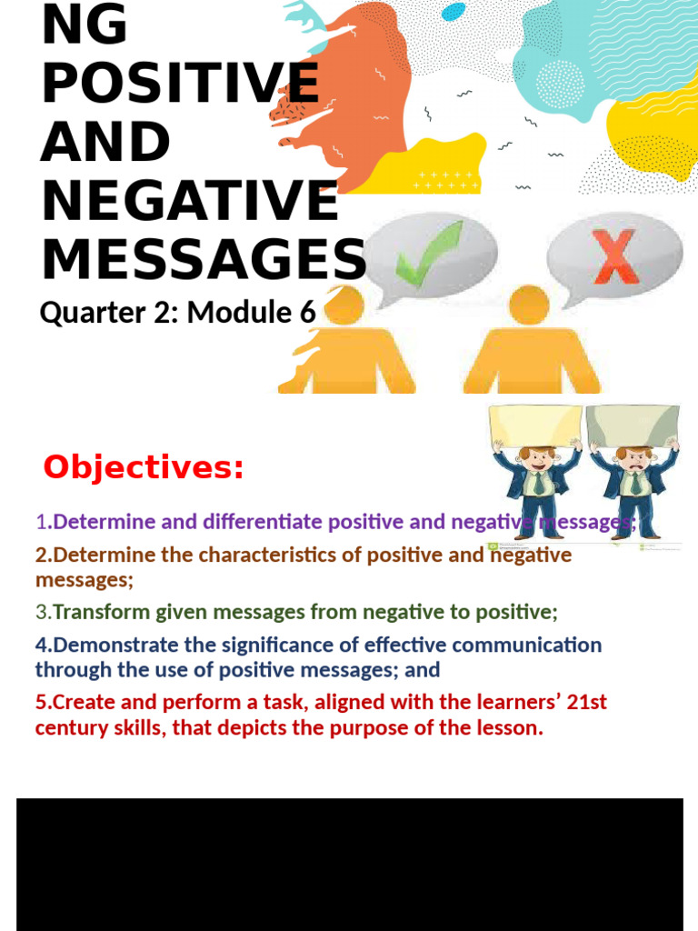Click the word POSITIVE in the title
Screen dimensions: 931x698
(180, 84)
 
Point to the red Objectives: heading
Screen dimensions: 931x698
(144, 467)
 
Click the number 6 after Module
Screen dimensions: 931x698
(307, 313)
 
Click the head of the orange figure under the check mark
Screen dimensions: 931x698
(344, 305)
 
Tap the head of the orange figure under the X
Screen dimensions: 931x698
(529, 305)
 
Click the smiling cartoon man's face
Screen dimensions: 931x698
(536, 460)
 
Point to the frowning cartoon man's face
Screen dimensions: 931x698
(633, 460)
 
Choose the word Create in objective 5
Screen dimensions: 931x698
(80, 702)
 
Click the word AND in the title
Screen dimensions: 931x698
(105, 143)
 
